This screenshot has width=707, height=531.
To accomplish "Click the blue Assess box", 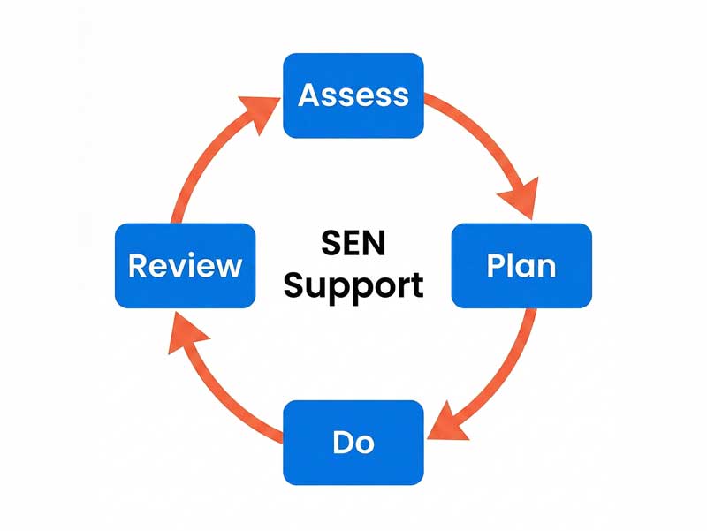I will coord(353,95).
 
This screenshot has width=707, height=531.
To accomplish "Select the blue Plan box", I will coord(521,265).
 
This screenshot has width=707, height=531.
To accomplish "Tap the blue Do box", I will coord(353,442).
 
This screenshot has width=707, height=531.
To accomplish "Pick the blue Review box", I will coord(186,265).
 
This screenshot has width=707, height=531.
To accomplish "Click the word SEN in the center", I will coord(353,245).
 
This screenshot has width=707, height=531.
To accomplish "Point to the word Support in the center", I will coord(353,286).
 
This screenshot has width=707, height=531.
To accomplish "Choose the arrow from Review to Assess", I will coord(208,159).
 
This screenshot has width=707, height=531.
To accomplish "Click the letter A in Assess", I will coord(309,95).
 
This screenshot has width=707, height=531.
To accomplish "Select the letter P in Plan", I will coord(497,265).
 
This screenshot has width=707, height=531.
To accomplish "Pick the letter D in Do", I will coord(341,442).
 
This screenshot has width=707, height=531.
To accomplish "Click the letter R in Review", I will coord(139,265).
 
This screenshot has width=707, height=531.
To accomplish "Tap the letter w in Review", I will coord(227,266).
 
